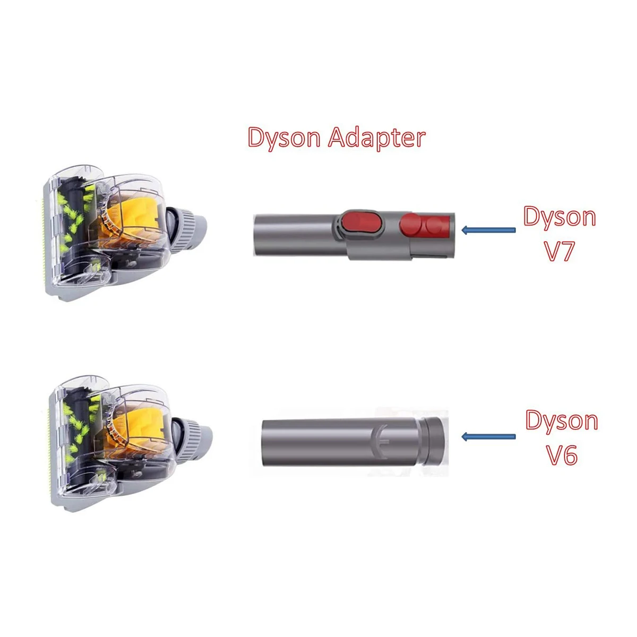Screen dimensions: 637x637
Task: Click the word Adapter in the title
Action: tap(376, 138)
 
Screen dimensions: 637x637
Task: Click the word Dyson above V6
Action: tap(562, 421)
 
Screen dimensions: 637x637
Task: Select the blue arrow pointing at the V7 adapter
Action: tap(488, 230)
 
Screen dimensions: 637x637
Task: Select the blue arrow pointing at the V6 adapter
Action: tap(488, 436)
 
